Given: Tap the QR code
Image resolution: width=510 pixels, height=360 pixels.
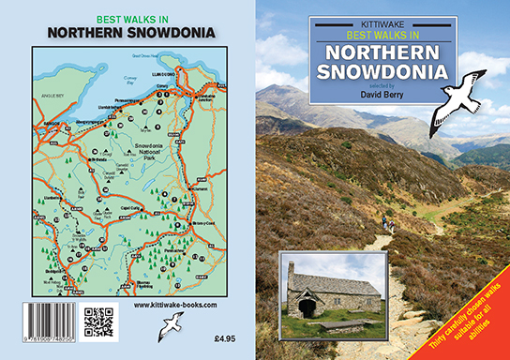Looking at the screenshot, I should pos(97,322).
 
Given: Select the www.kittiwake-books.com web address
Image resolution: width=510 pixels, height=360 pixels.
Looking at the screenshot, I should pos(175,306).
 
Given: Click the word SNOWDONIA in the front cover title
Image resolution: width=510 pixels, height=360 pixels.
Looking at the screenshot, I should pos(383,69).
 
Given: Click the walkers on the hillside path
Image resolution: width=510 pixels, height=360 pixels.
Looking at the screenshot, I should pos(384,223).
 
